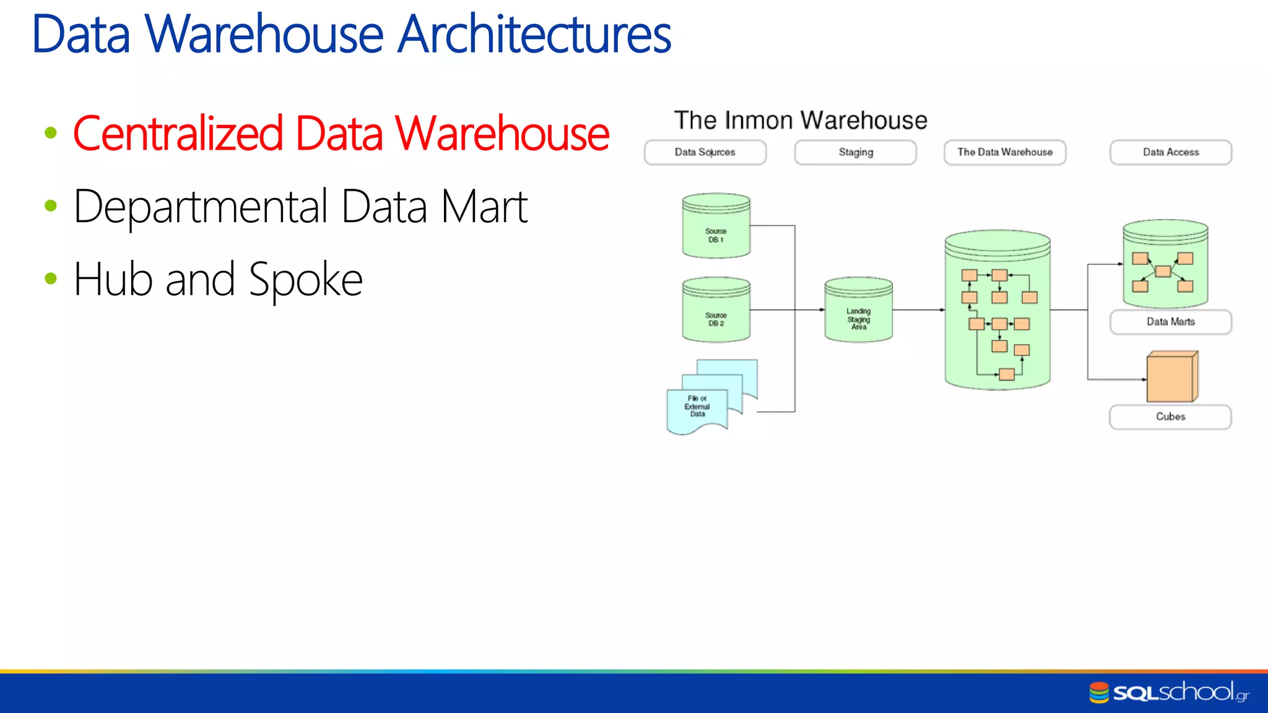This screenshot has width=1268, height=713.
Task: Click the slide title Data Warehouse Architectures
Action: click(351, 35)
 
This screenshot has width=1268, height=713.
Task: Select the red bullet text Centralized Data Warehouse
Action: click(341, 134)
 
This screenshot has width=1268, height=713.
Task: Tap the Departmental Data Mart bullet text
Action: click(300, 207)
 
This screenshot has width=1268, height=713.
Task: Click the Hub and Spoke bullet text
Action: click(218, 280)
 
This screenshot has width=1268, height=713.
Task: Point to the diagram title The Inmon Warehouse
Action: click(801, 120)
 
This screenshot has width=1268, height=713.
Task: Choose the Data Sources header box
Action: click(705, 152)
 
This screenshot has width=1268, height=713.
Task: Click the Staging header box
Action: click(856, 152)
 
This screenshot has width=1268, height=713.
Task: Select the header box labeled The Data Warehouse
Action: click(1005, 152)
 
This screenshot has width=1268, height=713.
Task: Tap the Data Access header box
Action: click(1171, 152)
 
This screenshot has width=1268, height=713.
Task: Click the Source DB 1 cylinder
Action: click(716, 227)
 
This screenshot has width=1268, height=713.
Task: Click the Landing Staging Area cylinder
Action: click(859, 311)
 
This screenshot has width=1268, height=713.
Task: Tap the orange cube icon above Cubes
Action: click(1171, 378)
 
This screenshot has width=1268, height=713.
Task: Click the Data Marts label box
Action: click(1171, 322)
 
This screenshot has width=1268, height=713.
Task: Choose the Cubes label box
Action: click(1170, 417)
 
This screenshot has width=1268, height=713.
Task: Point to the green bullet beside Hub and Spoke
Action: click(51, 279)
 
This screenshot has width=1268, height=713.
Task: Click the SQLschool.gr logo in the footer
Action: click(1170, 692)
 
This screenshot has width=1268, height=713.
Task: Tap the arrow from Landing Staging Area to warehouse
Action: click(918, 309)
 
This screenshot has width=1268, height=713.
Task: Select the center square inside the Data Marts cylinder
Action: click(1163, 272)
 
